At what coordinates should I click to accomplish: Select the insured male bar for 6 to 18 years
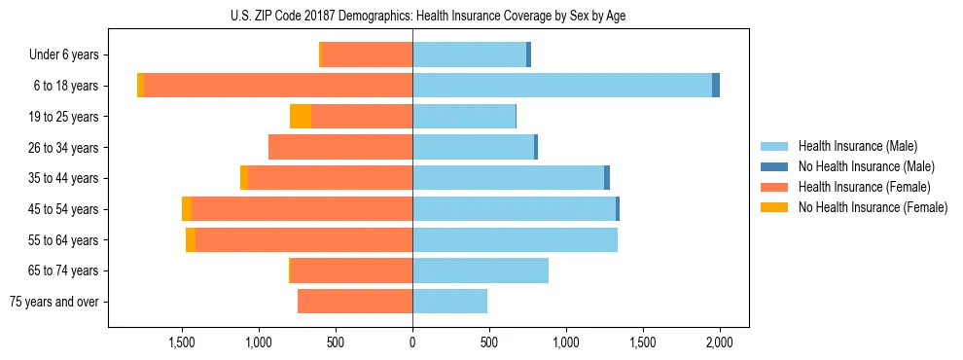coord(562,86)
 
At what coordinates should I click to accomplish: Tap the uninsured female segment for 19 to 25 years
coord(301,117)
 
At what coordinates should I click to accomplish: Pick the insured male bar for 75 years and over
coord(449,302)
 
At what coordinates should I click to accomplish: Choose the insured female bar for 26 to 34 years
coord(340,147)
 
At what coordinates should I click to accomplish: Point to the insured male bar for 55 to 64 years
coord(515,239)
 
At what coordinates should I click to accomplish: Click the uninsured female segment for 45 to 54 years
coord(187,209)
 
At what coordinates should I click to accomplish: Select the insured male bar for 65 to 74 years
coord(481,270)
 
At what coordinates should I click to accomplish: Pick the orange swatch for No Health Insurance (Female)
coord(774,207)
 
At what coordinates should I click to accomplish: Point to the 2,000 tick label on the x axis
coord(719,342)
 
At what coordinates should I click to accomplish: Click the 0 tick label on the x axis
coord(412,342)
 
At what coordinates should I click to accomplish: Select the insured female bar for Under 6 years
coord(367,54)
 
